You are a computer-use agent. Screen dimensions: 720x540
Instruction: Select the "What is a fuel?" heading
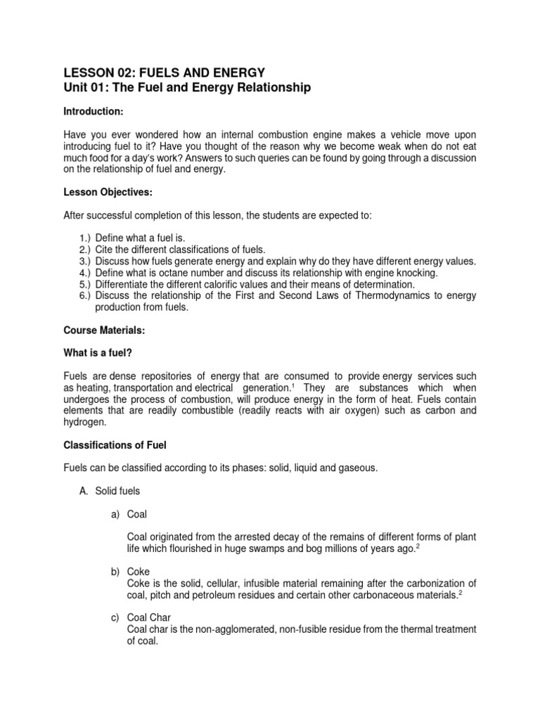coord(98,353)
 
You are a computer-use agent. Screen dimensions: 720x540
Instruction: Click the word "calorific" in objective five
coord(214,284)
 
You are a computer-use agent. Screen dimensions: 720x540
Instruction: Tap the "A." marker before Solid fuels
coord(82,491)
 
